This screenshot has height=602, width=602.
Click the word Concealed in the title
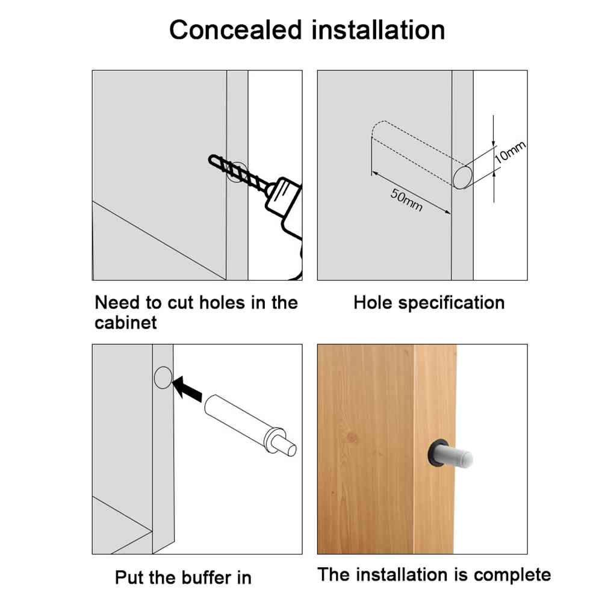(236, 30)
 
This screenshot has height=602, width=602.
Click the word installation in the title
(378, 30)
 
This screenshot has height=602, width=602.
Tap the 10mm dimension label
(509, 152)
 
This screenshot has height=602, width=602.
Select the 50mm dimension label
(406, 200)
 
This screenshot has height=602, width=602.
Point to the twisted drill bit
(238, 172)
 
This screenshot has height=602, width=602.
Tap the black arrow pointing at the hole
(187, 389)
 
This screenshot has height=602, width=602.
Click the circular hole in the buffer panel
(163, 377)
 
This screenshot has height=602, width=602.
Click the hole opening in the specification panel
(462, 178)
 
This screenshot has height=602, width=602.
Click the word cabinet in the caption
(126, 323)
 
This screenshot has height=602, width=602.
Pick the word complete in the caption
(512, 575)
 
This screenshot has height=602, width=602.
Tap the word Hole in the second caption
(373, 303)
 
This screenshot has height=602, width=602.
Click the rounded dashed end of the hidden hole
(378, 128)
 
